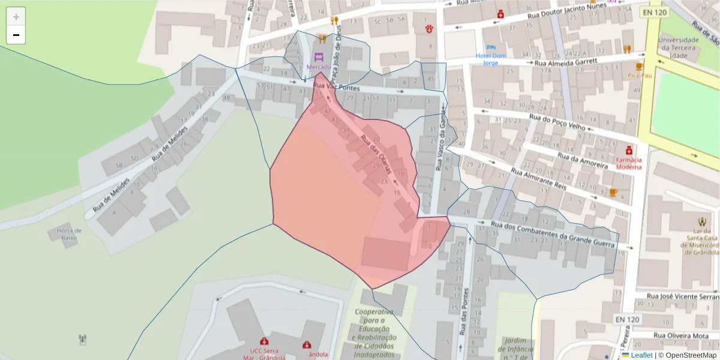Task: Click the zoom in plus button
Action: pyautogui.click(x=16, y=16)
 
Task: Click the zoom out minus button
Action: pyautogui.click(x=16, y=35)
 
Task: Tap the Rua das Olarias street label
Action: pyautogui.click(x=376, y=154)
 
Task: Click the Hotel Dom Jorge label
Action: pyautogui.click(x=491, y=59)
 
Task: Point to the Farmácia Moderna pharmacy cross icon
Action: pyautogui.click(x=628, y=149)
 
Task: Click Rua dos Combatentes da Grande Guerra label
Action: pyautogui.click(x=553, y=235)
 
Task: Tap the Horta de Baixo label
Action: pyautogui.click(x=69, y=233)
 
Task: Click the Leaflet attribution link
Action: pyautogui.click(x=641, y=355)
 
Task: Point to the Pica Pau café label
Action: pyautogui.click(x=640, y=76)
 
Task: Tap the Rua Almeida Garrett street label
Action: pyautogui.click(x=566, y=62)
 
